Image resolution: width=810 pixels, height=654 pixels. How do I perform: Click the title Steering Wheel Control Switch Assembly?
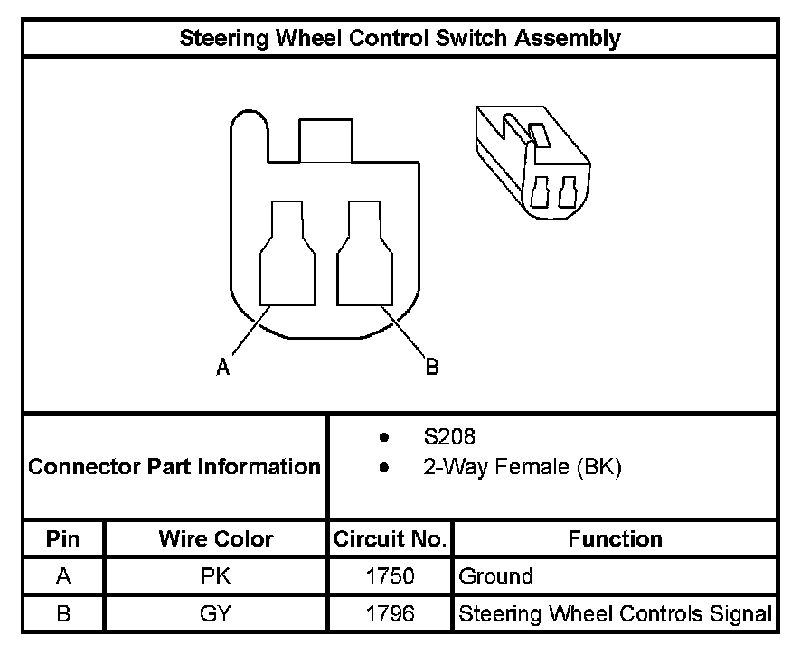coord(400,38)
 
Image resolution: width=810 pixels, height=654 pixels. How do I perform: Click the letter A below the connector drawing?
coord(222,367)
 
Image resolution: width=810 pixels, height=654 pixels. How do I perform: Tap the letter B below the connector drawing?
coord(432,367)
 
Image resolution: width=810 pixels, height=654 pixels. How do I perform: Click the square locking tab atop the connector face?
coord(325,140)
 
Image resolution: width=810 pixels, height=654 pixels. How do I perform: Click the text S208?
coord(449,437)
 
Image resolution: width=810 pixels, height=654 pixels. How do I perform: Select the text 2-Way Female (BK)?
coord(522,468)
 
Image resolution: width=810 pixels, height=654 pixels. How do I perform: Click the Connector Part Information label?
coord(174,467)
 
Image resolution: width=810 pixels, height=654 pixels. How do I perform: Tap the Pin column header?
coord(63,539)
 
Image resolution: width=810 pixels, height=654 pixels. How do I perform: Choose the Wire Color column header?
coord(215,539)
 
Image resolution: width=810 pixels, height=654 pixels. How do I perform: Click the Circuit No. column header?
coord(390,539)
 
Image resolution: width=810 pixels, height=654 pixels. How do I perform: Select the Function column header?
coord(615,539)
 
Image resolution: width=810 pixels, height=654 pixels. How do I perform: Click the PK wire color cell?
coord(215,576)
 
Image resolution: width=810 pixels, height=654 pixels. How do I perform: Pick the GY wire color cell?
coord(215,614)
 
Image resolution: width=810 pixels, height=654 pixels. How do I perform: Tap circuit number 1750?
coord(390,576)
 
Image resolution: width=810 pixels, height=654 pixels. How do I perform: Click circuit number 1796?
coord(390,614)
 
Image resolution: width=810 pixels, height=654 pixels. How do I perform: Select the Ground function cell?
coord(496,576)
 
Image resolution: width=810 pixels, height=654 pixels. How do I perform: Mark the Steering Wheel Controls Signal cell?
coord(615,614)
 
